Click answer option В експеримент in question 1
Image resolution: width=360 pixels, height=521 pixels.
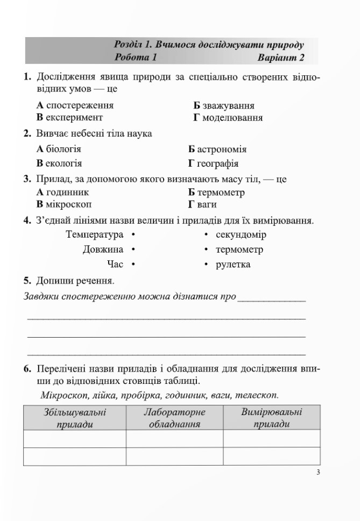tap(69, 117)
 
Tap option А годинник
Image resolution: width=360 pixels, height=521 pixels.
tap(62, 192)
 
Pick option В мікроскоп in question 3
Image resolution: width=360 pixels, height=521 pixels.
tap(64, 204)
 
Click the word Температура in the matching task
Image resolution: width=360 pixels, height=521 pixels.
tap(95, 234)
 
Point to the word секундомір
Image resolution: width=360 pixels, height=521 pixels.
tap(241, 234)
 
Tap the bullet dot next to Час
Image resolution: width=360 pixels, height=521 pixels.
tap(132, 265)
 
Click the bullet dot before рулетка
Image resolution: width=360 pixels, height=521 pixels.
tap(206, 265)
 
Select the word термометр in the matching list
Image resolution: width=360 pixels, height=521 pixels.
tap(239, 249)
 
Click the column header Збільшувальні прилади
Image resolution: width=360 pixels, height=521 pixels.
tap(75, 418)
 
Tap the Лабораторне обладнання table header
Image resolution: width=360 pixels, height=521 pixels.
tap(174, 418)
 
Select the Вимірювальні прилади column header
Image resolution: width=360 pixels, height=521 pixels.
tap(271, 418)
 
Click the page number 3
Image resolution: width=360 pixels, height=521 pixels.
tap(319, 473)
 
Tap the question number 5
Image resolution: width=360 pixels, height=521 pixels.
tap(27, 280)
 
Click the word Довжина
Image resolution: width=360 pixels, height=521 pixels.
tap(103, 249)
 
